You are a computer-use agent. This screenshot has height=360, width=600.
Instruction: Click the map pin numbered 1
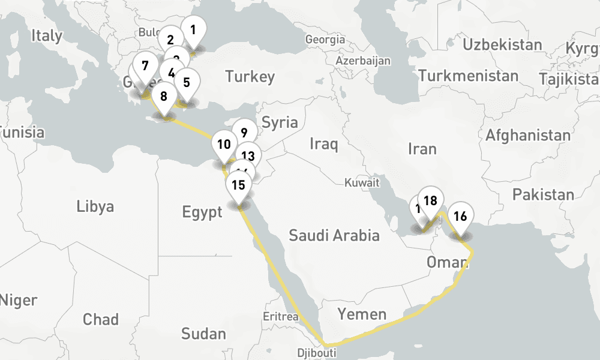tap(193, 29)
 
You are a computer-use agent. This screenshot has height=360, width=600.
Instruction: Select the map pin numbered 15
tap(238, 185)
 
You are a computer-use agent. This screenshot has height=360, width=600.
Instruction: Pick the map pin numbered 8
tap(164, 96)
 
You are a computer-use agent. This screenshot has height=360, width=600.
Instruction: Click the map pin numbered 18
tap(430, 201)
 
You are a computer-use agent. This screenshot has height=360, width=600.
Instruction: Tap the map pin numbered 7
tap(145, 66)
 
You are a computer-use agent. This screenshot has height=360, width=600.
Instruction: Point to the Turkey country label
tap(250, 76)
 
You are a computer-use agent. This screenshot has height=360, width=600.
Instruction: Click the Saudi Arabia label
tap(334, 235)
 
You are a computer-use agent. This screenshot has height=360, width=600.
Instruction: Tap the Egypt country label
tap(203, 212)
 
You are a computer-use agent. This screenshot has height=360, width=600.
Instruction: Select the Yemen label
tap(362, 314)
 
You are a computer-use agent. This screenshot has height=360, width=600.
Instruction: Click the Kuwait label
tap(362, 182)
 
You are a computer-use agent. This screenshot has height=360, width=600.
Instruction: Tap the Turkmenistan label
tap(469, 76)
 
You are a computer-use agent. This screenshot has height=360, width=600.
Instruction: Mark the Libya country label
tap(95, 207)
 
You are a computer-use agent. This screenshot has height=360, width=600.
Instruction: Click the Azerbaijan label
tap(363, 61)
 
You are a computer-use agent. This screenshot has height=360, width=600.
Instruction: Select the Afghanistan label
tap(528, 135)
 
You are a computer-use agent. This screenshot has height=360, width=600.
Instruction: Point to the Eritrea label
tap(281, 316)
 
